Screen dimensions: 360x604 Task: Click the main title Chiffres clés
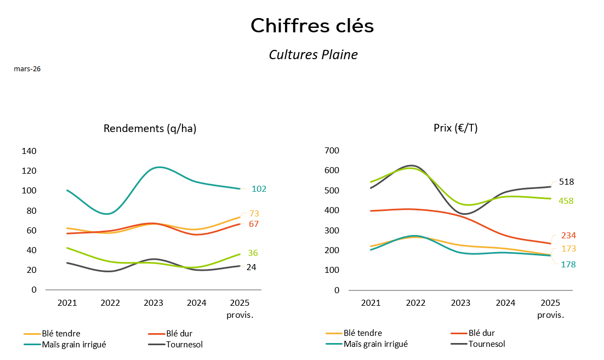pyautogui.click(x=312, y=26)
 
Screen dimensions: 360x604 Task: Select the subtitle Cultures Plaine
pyautogui.click(x=313, y=55)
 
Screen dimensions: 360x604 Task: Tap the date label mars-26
pyautogui.click(x=27, y=69)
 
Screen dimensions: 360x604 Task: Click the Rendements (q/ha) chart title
pyautogui.click(x=150, y=129)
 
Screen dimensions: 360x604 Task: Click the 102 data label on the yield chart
pyautogui.click(x=259, y=189)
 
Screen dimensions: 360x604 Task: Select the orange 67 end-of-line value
pyautogui.click(x=253, y=224)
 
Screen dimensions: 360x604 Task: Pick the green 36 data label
pyautogui.click(x=253, y=253)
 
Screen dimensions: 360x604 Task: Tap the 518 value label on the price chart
pyautogui.click(x=566, y=182)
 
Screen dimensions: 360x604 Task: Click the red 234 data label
pyautogui.click(x=568, y=236)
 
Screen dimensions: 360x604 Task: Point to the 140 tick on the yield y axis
pyautogui.click(x=29, y=151)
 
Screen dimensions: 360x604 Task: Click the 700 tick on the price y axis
pyautogui.click(x=333, y=151)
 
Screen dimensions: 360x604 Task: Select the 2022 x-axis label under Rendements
pyautogui.click(x=110, y=302)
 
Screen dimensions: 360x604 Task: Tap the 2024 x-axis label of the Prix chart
pyautogui.click(x=505, y=302)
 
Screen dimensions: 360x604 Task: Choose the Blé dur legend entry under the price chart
pyautogui.click(x=482, y=333)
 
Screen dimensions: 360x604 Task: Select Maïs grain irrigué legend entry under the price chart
pyautogui.click(x=375, y=344)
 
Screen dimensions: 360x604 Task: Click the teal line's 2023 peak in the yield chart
pyautogui.click(x=159, y=167)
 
